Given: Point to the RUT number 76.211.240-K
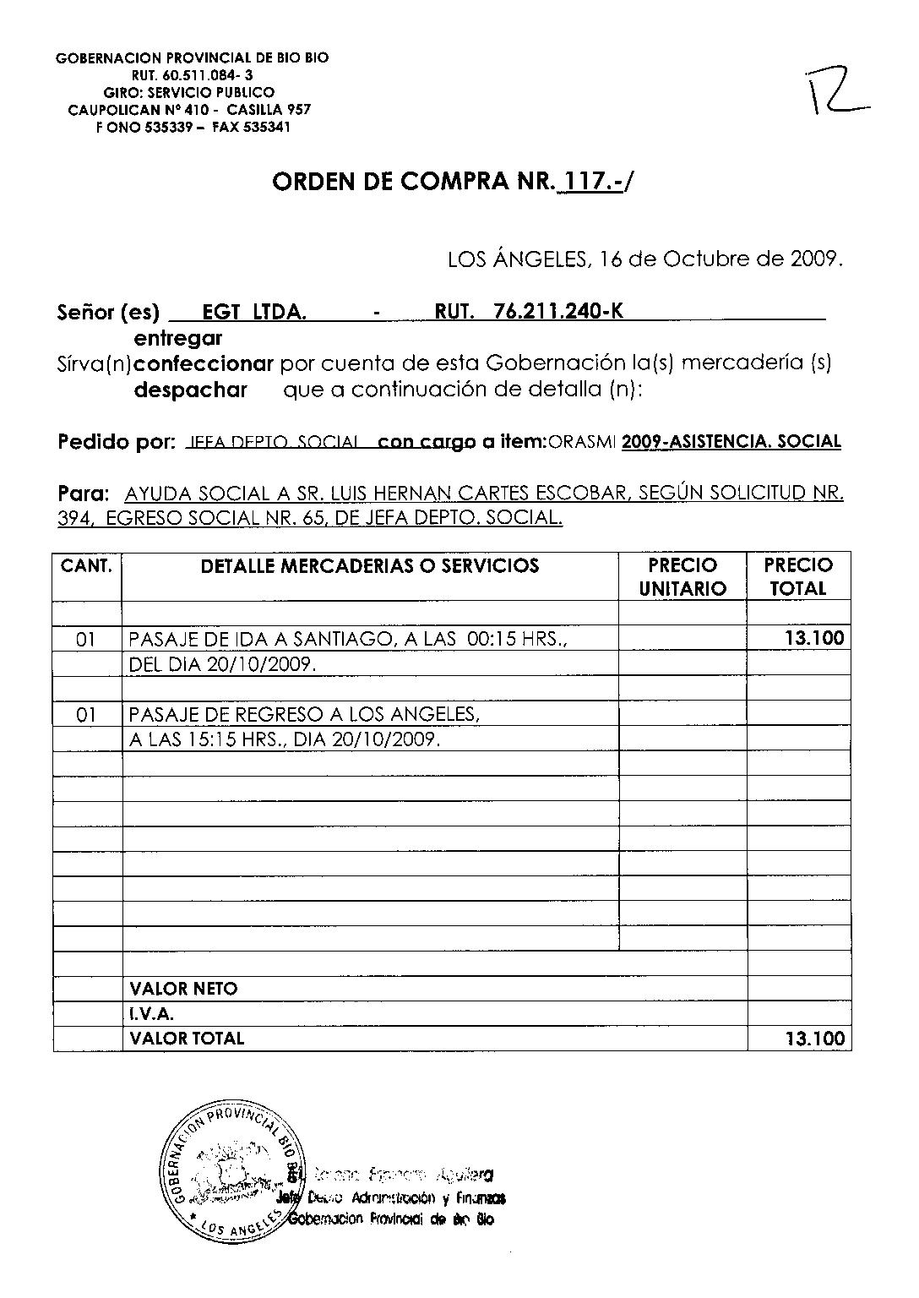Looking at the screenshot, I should point(558,311).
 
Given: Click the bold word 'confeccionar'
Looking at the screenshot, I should point(204,364).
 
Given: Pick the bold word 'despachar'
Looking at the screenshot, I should point(191,390).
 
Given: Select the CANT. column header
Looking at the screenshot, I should point(87,565).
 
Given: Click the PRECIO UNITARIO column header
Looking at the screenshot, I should point(682,576).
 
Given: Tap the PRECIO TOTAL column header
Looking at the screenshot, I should point(798,576).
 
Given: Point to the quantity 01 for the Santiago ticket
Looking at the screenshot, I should point(87,640).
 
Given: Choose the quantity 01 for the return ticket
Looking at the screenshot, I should point(87,716).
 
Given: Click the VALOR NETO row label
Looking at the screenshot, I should point(184,989).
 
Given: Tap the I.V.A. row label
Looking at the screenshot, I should point(152,1014).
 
